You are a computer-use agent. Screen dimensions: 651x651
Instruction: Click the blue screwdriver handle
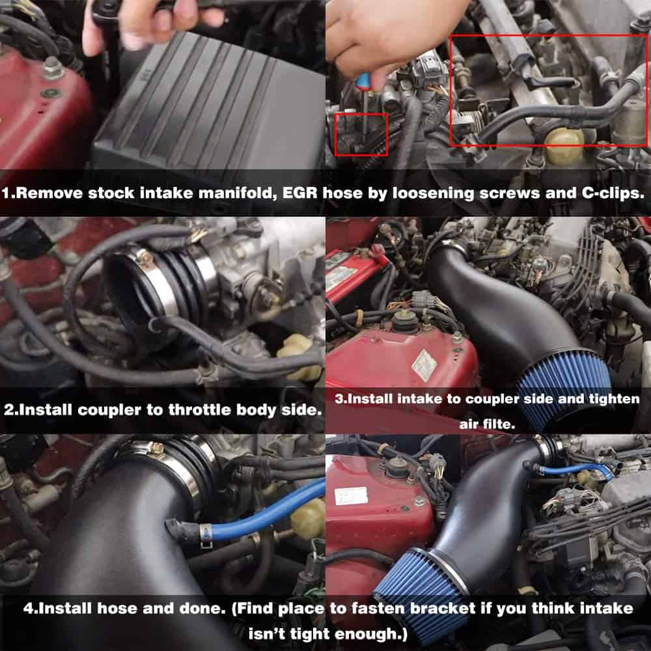(363, 80)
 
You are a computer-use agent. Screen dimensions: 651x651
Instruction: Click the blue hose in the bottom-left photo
(266, 514)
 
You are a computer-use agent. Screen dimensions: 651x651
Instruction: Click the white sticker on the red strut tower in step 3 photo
(424, 365)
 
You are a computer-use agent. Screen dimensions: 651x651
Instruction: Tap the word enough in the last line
(367, 634)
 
